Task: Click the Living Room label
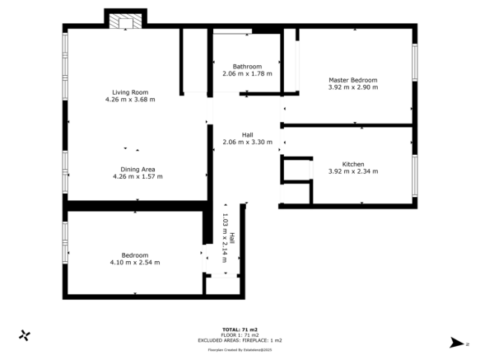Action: (130, 91)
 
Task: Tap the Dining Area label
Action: (133, 169)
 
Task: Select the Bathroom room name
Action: (247, 67)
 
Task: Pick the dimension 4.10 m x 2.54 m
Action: (135, 262)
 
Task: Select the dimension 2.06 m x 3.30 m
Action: (247, 142)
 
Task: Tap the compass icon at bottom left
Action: (26, 335)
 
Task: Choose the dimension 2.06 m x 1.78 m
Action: (247, 74)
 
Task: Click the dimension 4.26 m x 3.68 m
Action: (130, 99)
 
